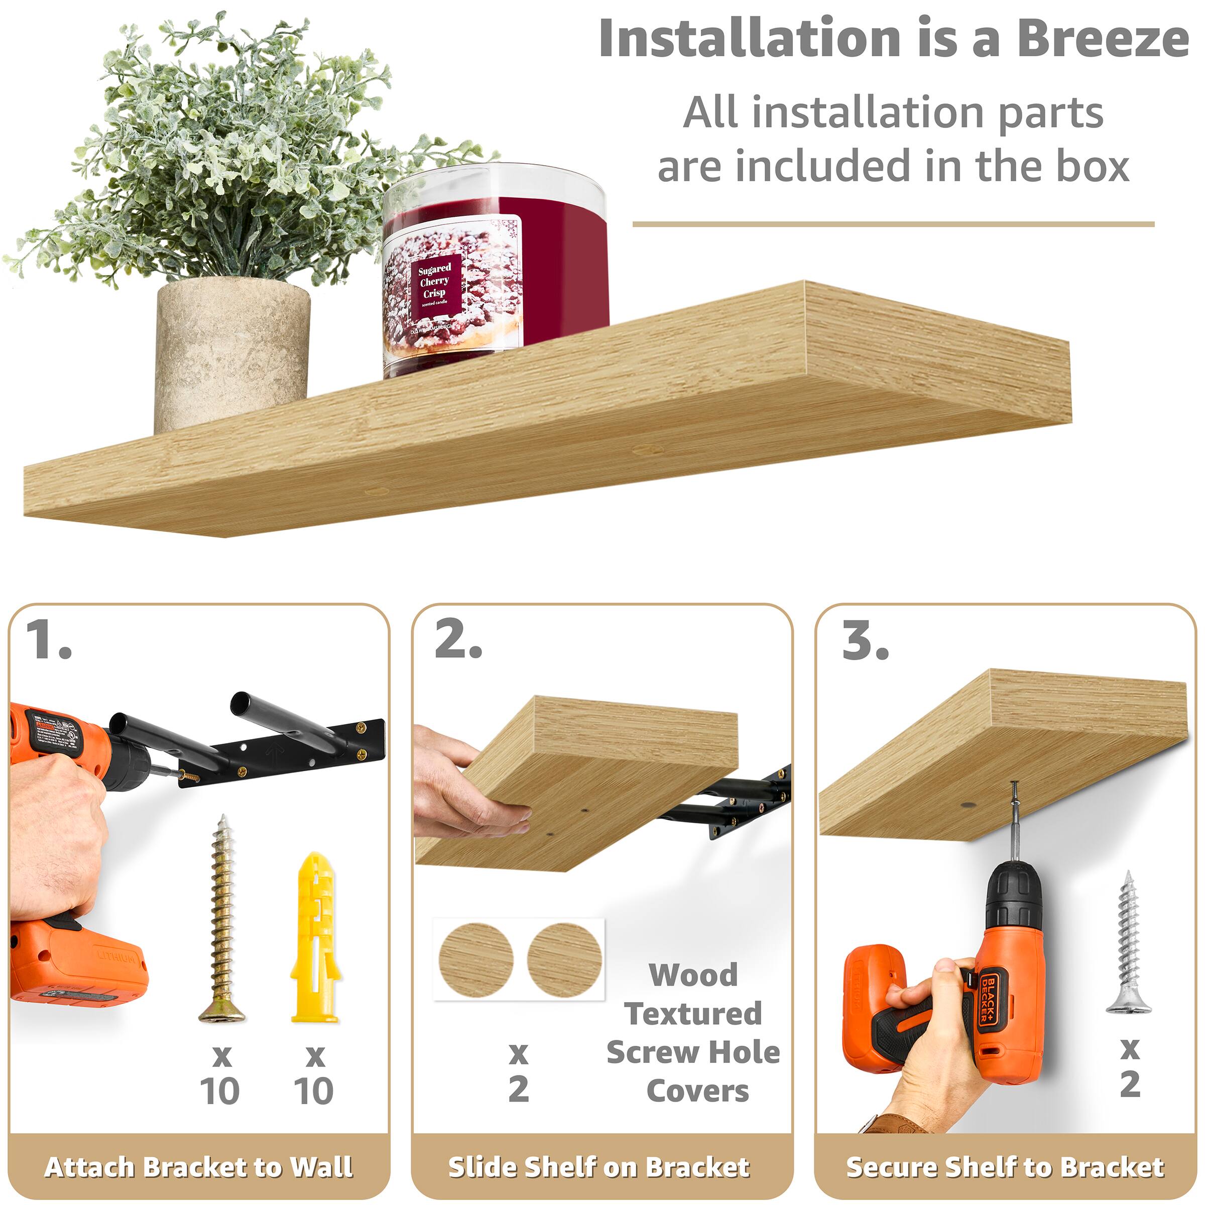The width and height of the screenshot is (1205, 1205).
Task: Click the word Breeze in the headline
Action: pos(1103,39)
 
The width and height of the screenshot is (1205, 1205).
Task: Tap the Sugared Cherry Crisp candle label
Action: pos(435,284)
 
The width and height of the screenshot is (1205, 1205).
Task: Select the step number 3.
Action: pos(865,640)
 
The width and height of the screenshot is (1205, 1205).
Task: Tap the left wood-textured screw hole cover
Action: pos(476,960)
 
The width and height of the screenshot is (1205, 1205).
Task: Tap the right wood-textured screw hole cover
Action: pos(564,960)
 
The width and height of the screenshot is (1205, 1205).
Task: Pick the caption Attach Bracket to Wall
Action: pos(198,1166)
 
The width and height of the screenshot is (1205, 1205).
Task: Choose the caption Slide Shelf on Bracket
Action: pos(599,1166)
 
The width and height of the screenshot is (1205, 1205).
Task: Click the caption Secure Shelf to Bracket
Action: pos(1004,1166)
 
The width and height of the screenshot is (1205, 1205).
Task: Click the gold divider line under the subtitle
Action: pos(893,224)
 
